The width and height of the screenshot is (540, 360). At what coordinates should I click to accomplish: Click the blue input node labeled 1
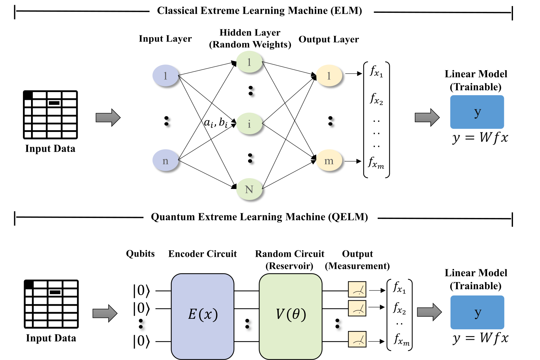point(165,76)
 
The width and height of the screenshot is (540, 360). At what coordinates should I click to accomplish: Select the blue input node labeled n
point(165,160)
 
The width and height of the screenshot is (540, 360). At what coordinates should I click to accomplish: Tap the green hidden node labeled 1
point(249,62)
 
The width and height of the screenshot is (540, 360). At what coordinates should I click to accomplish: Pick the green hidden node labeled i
point(249,123)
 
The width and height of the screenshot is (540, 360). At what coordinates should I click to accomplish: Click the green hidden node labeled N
point(249,189)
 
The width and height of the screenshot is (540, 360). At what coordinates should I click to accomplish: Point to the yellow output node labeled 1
point(329,76)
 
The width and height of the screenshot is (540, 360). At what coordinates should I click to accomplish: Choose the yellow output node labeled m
point(329,160)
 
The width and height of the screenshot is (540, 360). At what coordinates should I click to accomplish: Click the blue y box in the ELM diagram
point(477,112)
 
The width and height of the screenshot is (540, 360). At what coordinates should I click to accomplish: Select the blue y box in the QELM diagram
point(477,312)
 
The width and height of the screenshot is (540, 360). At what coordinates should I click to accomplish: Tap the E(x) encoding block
point(202,316)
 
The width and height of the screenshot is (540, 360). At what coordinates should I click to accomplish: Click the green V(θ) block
point(291,316)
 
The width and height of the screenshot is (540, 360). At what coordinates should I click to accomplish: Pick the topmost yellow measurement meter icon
point(357,289)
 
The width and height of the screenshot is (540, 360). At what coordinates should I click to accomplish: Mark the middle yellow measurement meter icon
point(357,308)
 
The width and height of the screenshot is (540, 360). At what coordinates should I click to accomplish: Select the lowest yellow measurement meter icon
point(357,339)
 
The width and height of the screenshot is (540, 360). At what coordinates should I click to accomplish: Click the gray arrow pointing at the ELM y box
point(427,117)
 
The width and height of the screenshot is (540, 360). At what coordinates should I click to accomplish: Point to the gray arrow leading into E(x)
point(105,313)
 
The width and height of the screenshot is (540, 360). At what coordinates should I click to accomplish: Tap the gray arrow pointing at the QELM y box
point(429,312)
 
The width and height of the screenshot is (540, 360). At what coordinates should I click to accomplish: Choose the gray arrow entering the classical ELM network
point(108,117)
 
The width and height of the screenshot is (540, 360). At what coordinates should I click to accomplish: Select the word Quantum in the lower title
point(173,217)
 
